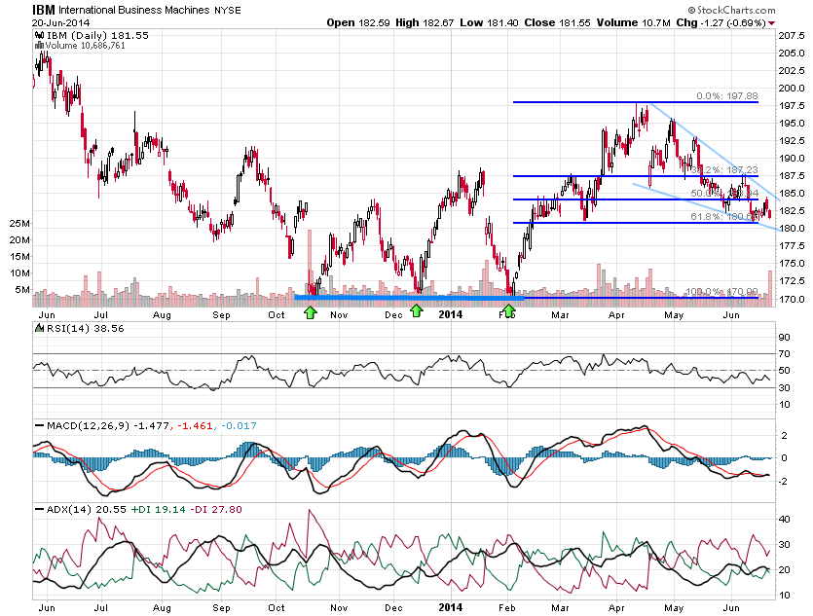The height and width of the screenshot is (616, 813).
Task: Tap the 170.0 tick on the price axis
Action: (x=789, y=299)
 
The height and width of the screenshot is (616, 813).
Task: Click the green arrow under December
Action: (x=417, y=310)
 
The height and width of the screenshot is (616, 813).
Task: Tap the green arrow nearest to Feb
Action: (x=508, y=310)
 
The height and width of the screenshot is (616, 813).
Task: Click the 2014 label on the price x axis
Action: (x=450, y=314)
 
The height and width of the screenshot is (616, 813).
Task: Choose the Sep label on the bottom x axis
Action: (x=221, y=607)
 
